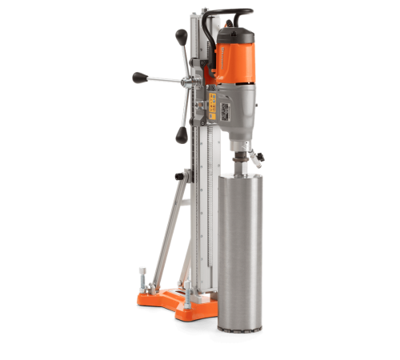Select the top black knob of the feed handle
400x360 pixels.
tap(182, 36)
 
